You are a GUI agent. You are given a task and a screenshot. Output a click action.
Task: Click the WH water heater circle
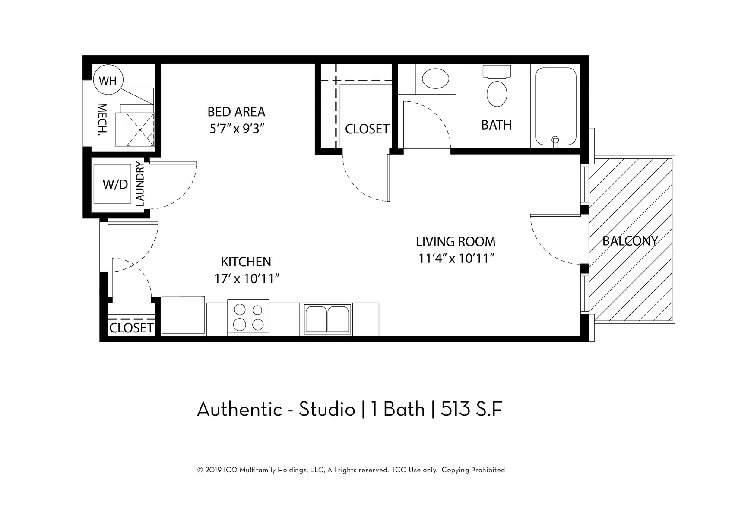point(108,80)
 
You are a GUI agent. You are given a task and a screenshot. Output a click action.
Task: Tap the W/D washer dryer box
point(112,184)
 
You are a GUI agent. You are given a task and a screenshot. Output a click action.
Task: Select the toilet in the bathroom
point(497,86)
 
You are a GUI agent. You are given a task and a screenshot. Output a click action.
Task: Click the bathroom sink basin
point(435,79)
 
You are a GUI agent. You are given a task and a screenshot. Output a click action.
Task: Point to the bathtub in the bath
point(555,106)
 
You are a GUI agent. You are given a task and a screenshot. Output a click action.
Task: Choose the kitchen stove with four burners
point(248,317)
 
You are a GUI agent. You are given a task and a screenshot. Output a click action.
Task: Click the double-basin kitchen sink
point(327,319)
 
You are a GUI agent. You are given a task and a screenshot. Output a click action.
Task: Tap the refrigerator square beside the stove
point(184,315)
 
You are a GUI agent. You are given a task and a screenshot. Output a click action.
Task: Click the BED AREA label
point(236,112)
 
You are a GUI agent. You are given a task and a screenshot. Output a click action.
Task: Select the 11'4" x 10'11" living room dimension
point(456,259)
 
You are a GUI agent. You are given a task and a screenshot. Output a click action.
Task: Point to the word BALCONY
point(630,241)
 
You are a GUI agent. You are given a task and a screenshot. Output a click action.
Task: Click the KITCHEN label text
point(246,262)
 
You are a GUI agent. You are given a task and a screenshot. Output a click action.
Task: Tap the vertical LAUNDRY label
point(139,184)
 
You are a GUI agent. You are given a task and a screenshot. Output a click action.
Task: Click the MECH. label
point(102,120)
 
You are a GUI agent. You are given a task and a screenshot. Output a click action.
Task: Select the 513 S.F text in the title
point(472,409)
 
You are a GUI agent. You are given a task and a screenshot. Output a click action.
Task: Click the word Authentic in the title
point(240,409)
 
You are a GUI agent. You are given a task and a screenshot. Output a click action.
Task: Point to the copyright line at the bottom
point(351,470)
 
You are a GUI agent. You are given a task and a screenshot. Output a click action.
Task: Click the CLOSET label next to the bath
point(368,129)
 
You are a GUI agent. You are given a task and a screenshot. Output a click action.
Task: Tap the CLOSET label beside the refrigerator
point(131,328)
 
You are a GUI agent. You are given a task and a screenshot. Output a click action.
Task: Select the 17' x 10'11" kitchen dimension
point(247,279)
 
